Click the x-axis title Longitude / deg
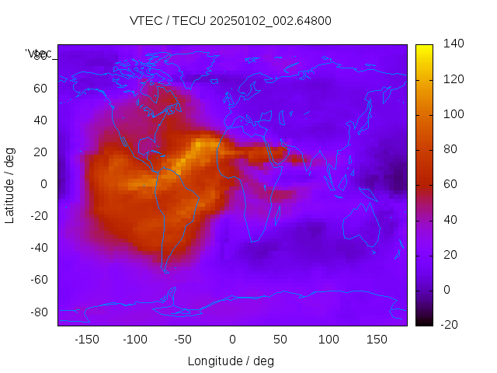click(231, 361)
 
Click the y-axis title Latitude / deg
click(10, 184)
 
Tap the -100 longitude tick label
click(134, 340)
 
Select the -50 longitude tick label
click(183, 340)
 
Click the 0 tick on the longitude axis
click(232, 340)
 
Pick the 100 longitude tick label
click(328, 340)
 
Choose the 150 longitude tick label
click(377, 340)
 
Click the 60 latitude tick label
click(40, 88)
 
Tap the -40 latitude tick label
click(38, 248)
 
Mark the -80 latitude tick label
click(38, 312)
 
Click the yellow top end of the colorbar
click(424, 48)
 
